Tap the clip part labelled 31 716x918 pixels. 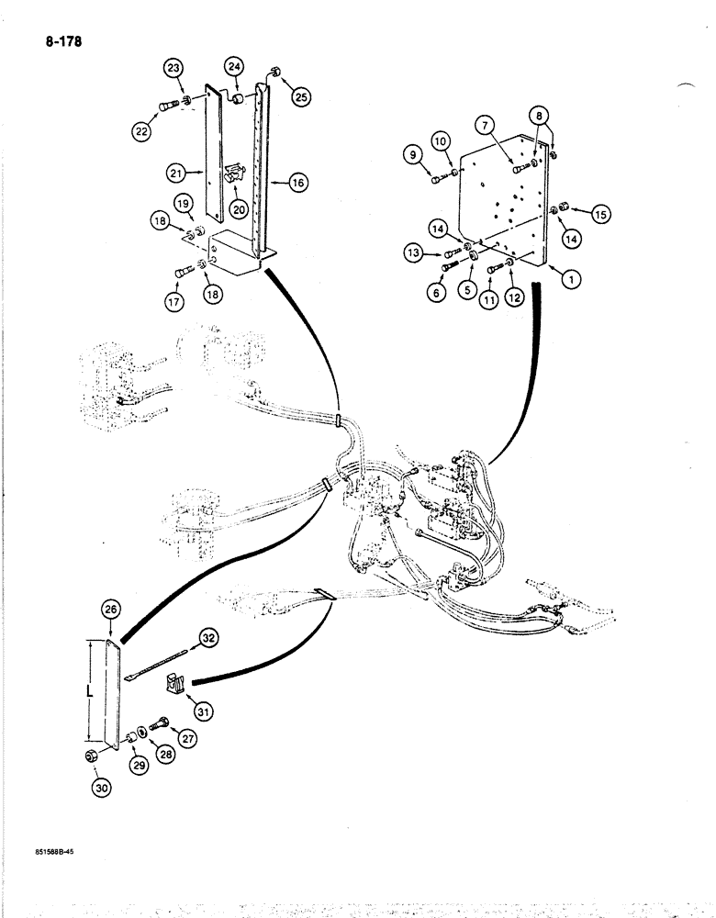[172, 684]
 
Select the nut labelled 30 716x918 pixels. [92, 757]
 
